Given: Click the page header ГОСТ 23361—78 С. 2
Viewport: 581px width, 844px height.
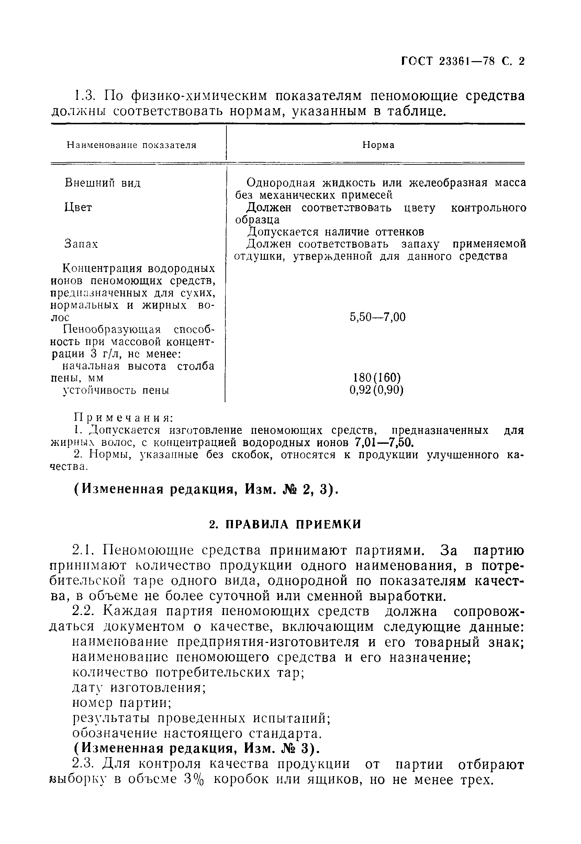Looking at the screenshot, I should (463, 61).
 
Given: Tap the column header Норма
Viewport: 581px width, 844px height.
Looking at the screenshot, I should (378, 145).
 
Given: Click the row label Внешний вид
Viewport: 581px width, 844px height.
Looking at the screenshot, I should (102, 183).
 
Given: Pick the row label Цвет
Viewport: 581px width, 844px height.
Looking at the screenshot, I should (78, 207).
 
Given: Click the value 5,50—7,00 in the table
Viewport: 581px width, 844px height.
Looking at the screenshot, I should (378, 317).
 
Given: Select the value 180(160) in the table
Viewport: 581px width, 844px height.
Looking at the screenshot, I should (378, 378).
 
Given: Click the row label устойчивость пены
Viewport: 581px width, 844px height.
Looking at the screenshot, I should (116, 391).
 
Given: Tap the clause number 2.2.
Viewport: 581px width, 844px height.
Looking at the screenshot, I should (83, 612).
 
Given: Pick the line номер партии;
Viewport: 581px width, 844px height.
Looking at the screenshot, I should (122, 703).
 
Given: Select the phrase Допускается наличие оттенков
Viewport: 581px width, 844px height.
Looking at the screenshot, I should (335, 232).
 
